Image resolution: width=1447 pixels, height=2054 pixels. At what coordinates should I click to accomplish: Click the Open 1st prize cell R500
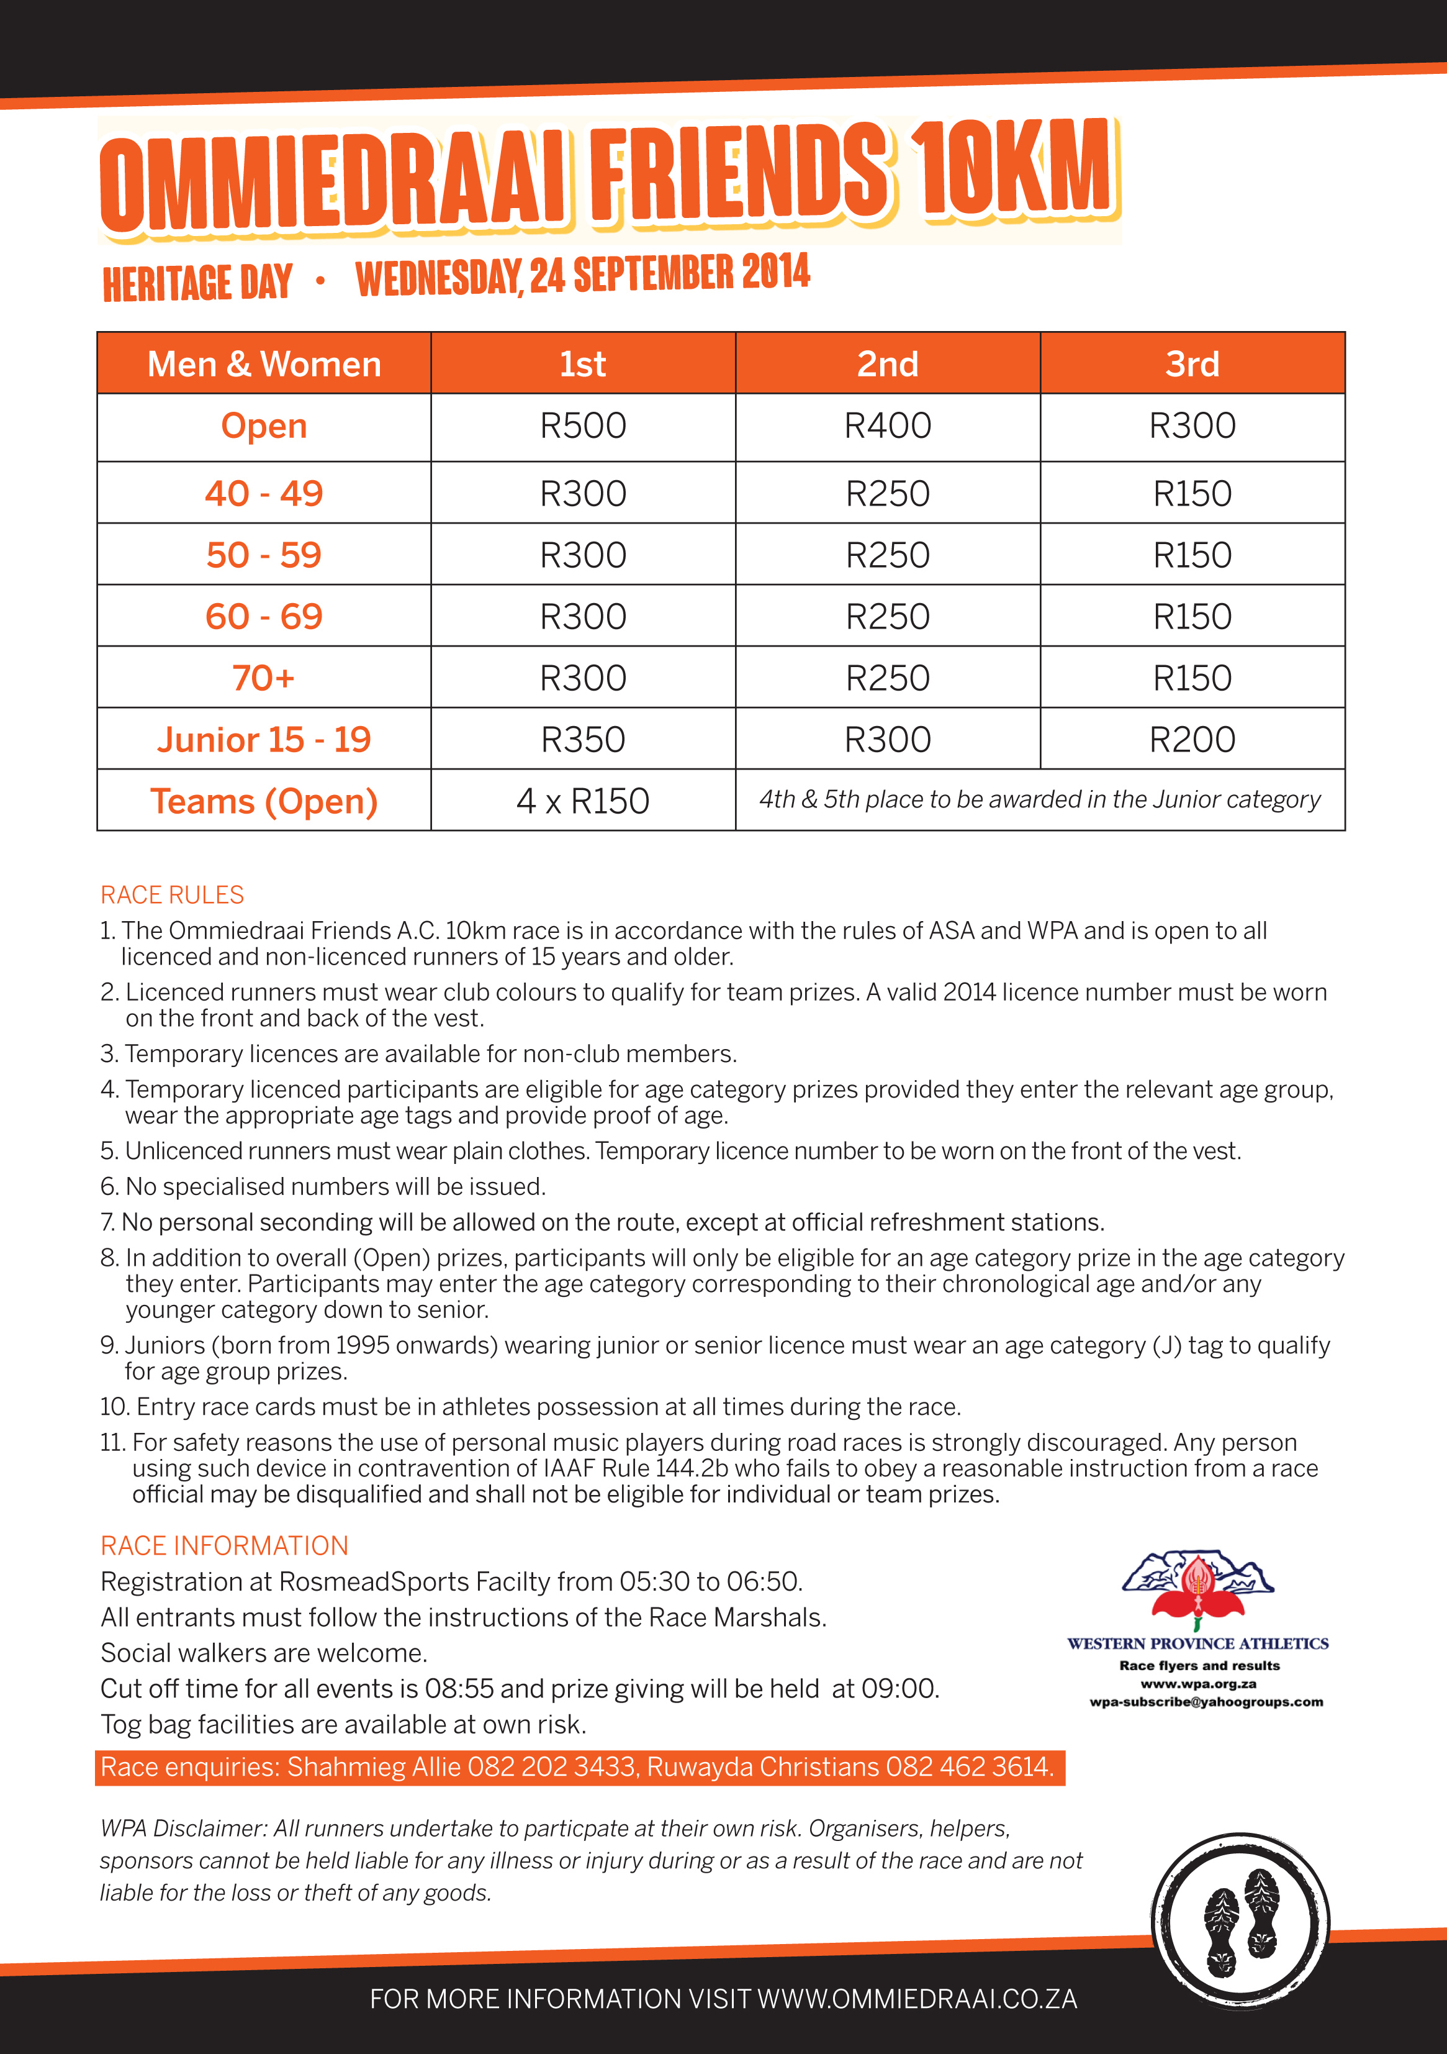[583, 426]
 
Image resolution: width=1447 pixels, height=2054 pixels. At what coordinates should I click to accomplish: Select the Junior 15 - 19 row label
[264, 740]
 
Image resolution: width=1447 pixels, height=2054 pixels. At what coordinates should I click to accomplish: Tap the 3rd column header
[1192, 364]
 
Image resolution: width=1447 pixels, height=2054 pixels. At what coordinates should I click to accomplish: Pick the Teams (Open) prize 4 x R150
[583, 801]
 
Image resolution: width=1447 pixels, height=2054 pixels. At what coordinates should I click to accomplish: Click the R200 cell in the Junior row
[1192, 740]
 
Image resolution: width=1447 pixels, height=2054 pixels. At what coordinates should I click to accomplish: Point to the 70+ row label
[264, 678]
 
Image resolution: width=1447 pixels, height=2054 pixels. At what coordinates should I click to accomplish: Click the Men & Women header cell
[264, 364]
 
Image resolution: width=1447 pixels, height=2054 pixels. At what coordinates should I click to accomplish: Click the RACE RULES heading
[172, 894]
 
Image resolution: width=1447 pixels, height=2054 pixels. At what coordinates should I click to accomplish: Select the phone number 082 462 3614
[970, 1767]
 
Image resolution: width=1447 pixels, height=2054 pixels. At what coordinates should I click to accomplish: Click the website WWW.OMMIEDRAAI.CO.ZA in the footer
[917, 1999]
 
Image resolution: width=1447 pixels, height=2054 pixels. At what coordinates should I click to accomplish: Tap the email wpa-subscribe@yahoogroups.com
[1206, 1702]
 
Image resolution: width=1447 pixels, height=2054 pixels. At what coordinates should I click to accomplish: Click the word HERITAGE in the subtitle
[156, 284]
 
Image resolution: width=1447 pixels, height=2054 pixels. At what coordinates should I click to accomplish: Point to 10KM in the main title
[1015, 170]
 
